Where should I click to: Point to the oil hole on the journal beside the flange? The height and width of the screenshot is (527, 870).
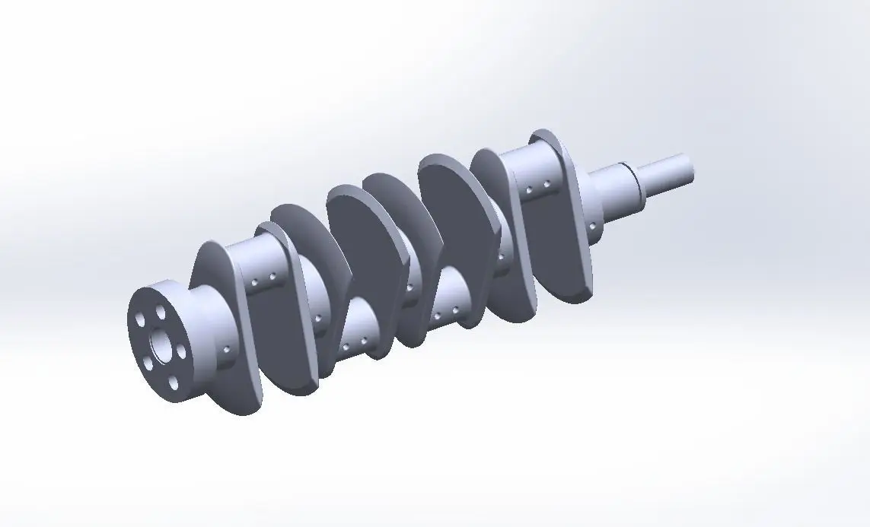(228, 350)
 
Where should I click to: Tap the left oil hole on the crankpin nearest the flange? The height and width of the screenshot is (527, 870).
(253, 281)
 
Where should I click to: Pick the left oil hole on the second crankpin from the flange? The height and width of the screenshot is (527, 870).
(346, 347)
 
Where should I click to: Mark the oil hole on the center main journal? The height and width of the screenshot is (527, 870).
(410, 287)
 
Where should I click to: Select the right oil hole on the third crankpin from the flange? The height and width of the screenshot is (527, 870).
(455, 310)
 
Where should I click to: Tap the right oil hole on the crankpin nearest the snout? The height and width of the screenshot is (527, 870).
(547, 184)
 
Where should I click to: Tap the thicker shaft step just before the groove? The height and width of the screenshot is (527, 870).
(613, 194)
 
